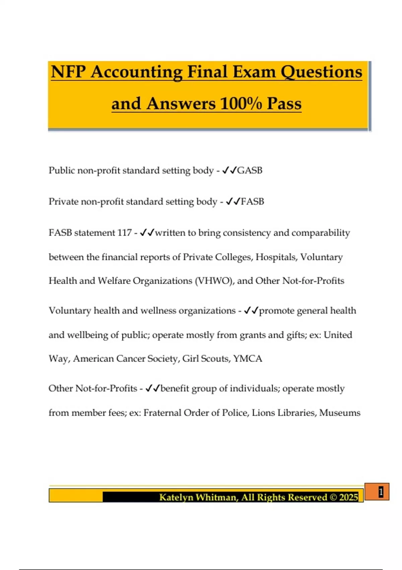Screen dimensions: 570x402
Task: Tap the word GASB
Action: [250, 170]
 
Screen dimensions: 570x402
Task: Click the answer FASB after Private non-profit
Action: [252, 202]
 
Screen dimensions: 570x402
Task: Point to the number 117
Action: [124, 233]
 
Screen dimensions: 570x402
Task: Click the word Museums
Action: [340, 413]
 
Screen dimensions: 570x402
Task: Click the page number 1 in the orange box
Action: [381, 492]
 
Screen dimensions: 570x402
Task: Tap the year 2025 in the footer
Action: [348, 497]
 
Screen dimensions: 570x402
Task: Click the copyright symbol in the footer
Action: [333, 497]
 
